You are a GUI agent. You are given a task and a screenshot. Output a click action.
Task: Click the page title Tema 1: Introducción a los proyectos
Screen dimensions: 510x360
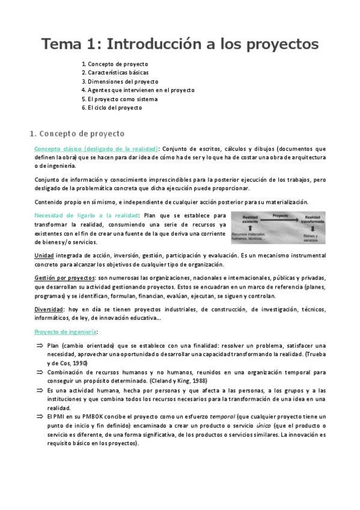pyautogui.click(x=180, y=44)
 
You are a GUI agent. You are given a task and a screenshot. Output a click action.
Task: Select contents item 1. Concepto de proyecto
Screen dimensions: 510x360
pyautogui.click(x=114, y=64)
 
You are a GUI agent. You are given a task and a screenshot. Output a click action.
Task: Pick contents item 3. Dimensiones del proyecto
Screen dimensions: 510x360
pyautogui.click(x=120, y=81)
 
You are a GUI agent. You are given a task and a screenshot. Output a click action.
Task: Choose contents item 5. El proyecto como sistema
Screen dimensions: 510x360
pyautogui.click(x=120, y=99)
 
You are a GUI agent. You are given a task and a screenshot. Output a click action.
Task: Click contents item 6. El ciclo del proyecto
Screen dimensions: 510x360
pyautogui.click(x=112, y=108)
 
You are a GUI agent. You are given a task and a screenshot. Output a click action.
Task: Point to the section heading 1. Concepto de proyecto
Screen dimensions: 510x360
pyautogui.click(x=76, y=132)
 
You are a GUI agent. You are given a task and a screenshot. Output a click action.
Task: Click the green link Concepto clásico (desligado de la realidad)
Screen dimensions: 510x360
pyautogui.click(x=96, y=149)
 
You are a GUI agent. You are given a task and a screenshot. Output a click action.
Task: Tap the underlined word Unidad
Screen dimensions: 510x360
pyautogui.click(x=44, y=256)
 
